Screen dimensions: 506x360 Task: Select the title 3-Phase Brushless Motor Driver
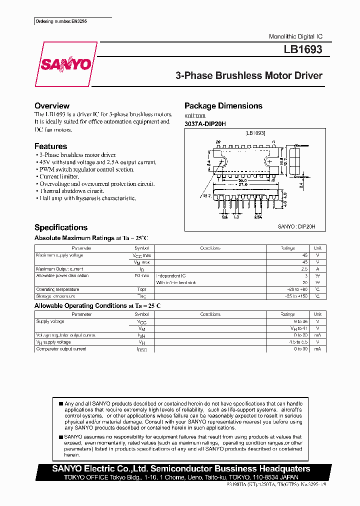click(x=249, y=76)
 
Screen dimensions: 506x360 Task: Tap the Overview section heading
click(x=52, y=106)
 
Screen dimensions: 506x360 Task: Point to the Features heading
click(x=50, y=146)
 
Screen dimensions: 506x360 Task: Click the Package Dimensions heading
click(x=223, y=106)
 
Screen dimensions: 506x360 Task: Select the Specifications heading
click(x=61, y=227)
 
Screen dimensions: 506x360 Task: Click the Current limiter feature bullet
click(x=59, y=176)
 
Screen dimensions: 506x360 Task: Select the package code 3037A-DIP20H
click(x=205, y=124)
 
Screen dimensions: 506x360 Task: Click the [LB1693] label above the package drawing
click(x=255, y=133)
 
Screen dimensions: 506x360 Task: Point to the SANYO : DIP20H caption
click(x=296, y=226)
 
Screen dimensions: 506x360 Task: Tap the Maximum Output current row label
click(x=59, y=269)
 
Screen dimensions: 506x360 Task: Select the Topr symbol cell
click(x=141, y=289)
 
